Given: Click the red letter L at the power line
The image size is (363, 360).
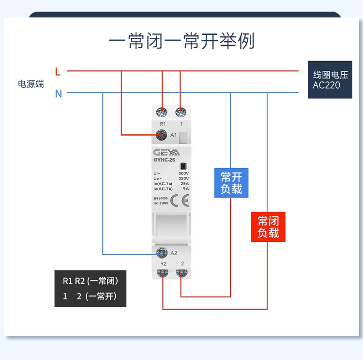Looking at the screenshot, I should (58, 72).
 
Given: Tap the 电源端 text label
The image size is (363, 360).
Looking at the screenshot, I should (31, 84).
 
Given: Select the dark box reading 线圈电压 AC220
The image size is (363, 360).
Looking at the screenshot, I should (330, 80).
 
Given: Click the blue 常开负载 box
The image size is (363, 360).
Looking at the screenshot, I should (231, 182).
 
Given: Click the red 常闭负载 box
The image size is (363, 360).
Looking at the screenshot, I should (268, 227).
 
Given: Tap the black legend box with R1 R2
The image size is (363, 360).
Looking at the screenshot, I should (90, 288).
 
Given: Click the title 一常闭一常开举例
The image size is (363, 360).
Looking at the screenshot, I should (181, 41).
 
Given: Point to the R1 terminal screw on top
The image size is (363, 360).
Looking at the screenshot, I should (162, 112).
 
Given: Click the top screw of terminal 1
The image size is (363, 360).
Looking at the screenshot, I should (181, 112).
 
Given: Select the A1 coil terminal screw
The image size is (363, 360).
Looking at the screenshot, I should (162, 135).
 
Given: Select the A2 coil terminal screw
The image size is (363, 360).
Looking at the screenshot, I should (162, 252).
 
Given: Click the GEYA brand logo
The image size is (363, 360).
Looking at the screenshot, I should (166, 153).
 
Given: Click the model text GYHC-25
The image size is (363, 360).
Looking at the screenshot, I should (164, 160).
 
